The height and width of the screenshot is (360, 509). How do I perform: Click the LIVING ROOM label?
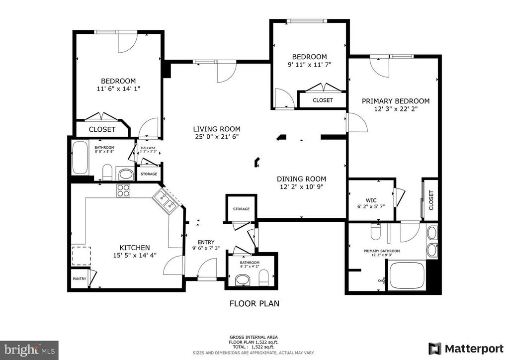coord(217,129)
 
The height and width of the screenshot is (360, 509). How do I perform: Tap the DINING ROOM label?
coord(301,179)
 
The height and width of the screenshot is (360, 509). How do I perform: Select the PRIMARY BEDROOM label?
coord(396,101)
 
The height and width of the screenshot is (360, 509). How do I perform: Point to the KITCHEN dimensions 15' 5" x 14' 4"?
coord(135,256)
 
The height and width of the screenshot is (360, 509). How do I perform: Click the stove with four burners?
coord(123,190)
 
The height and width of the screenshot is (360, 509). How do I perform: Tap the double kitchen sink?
coord(165,201)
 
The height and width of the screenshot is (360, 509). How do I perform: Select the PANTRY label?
coord(79,279)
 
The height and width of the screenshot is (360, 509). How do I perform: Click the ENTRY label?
coord(206,242)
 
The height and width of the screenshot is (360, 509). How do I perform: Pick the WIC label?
coord(371,200)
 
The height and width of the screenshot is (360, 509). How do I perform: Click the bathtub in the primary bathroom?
coord(407,275)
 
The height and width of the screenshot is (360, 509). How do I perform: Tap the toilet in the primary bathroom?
coord(376,231)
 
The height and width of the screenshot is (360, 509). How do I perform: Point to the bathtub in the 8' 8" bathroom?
coord(80,158)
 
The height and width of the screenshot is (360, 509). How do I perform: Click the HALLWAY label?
coord(148,148)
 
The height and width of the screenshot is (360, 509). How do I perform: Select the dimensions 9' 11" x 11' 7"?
coord(309,65)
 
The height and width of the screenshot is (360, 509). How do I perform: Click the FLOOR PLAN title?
coord(254,303)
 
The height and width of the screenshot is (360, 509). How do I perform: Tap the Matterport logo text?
coord(474,349)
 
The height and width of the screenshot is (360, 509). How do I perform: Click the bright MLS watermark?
coord(29,350)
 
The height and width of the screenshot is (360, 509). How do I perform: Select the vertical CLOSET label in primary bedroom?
coord(431,200)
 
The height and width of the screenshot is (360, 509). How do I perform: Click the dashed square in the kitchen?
coord(81,256)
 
